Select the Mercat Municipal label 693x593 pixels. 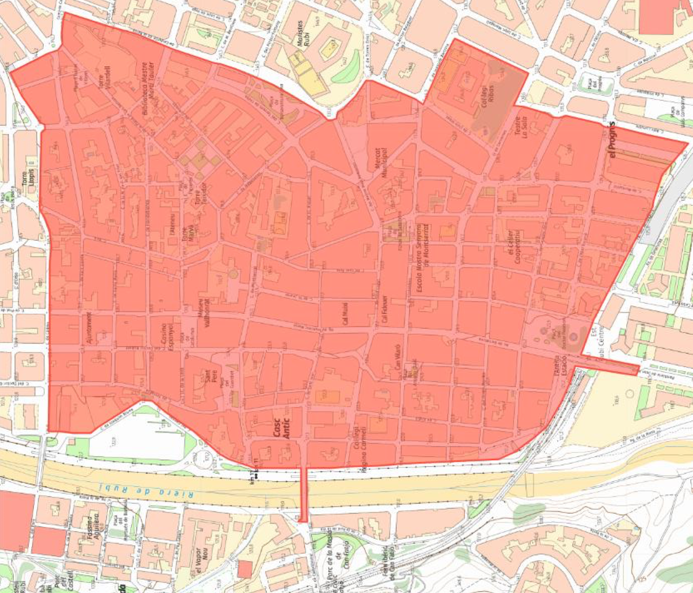381,163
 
